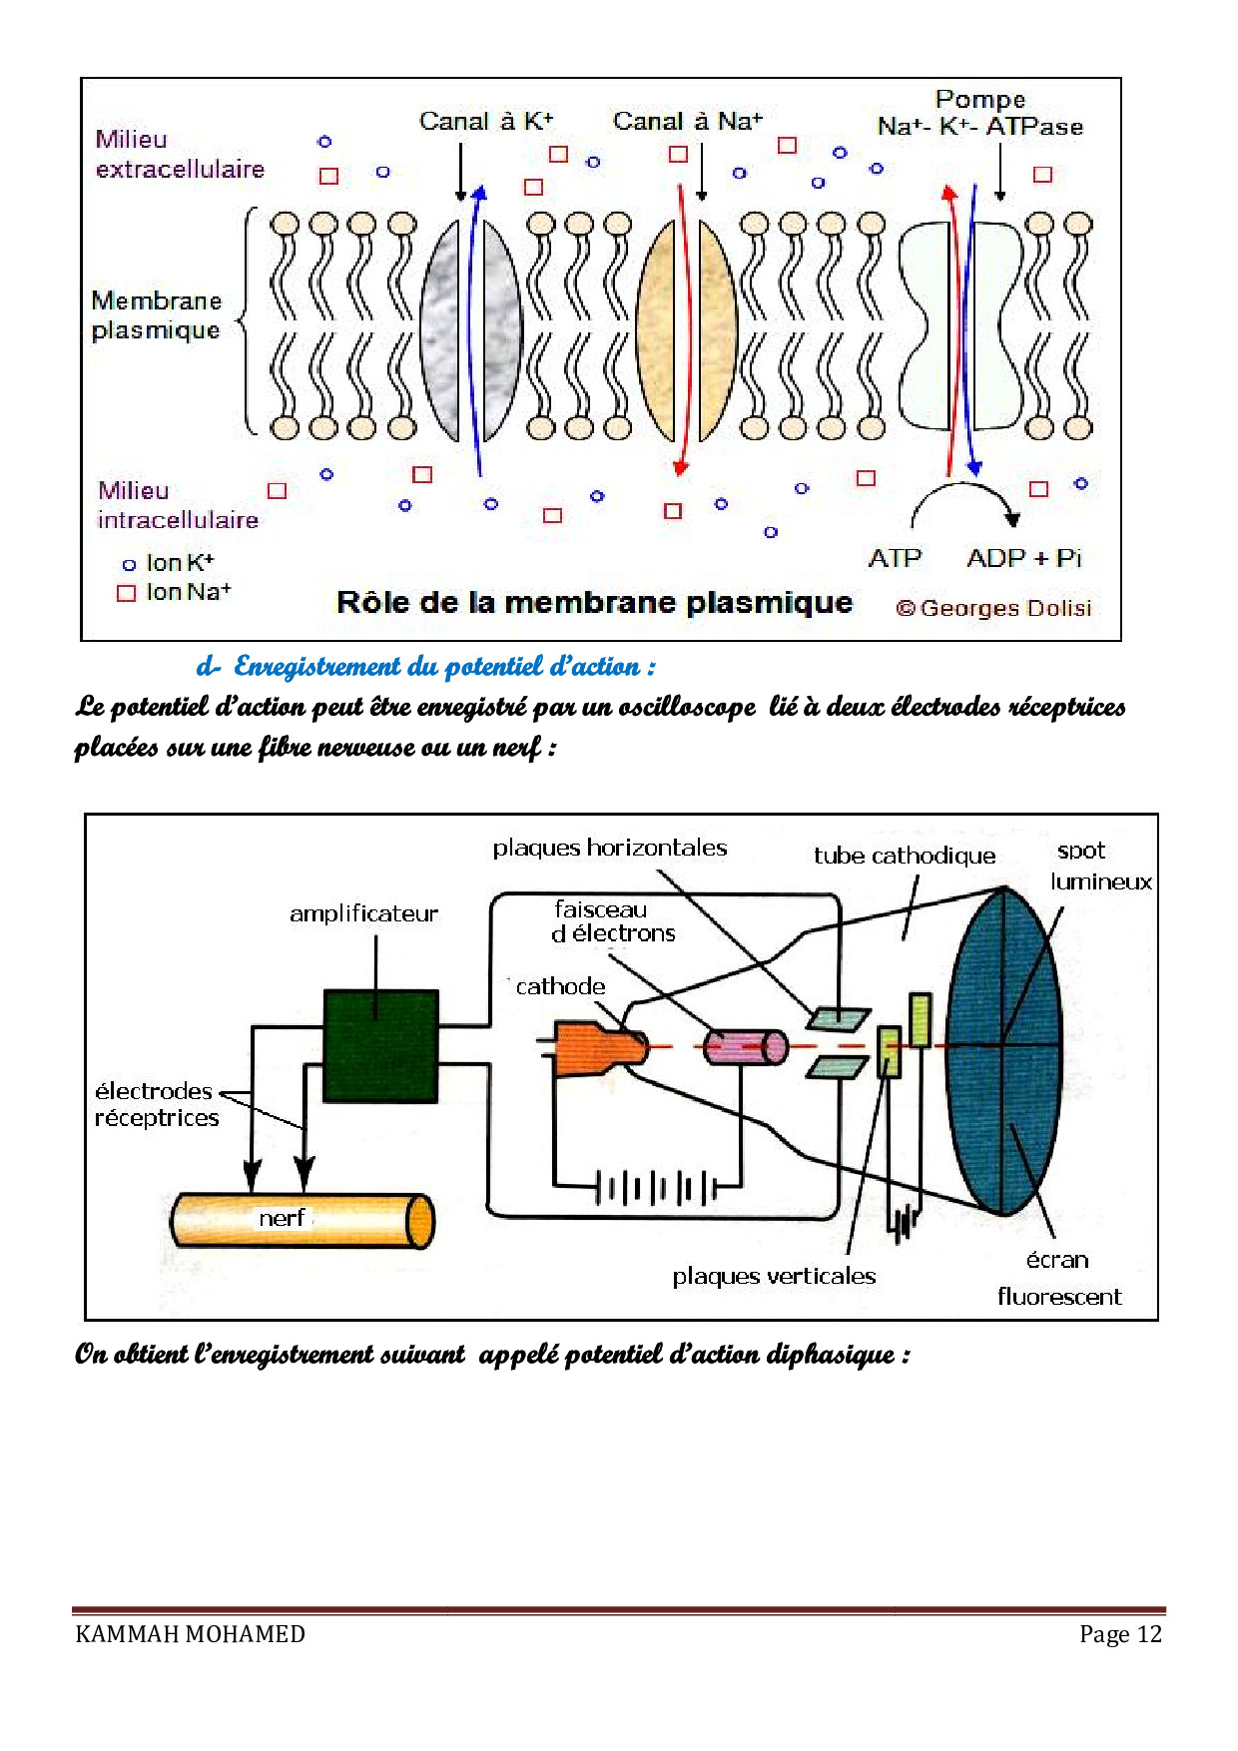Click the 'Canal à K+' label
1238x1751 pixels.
(485, 122)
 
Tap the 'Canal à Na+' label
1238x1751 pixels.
(687, 122)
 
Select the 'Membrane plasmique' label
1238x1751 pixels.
(156, 314)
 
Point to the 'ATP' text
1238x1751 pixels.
(895, 558)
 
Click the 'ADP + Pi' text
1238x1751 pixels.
(1023, 558)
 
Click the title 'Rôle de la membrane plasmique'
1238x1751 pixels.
(594, 603)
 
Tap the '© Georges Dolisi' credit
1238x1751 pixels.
(992, 608)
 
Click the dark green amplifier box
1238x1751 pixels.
(380, 1045)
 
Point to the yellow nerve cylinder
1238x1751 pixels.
(302, 1220)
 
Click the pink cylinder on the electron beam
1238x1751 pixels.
(745, 1047)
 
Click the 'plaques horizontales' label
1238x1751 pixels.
(609, 848)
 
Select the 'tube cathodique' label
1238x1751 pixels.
(904, 856)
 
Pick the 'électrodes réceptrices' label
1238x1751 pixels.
(157, 1104)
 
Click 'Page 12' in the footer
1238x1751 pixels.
(1120, 1634)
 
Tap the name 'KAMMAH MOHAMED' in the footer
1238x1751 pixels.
(190, 1634)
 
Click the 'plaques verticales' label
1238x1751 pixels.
(773, 1276)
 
